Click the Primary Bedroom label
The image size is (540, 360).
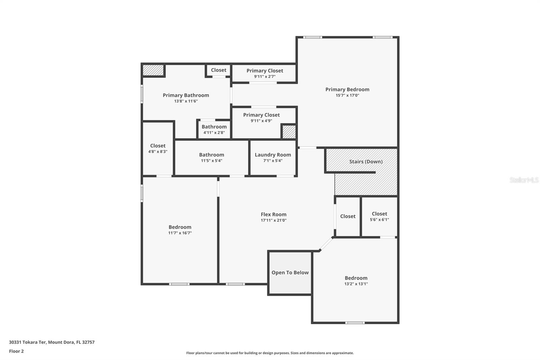(347, 89)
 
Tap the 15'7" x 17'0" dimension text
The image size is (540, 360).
(347, 96)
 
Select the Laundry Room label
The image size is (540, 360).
(273, 155)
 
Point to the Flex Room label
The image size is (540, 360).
(273, 214)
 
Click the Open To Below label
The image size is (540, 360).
(290, 273)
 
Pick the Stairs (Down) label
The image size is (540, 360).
(366, 161)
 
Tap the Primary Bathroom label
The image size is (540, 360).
(186, 95)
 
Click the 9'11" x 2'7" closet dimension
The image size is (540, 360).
(265, 77)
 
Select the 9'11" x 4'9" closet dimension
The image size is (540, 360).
(261, 121)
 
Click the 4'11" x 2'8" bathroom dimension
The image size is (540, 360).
(214, 133)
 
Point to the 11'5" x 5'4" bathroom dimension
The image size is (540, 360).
(211, 161)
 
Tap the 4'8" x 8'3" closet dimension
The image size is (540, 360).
(158, 152)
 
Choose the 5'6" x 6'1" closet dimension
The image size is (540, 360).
(379, 220)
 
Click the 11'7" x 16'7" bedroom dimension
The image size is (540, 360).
(180, 233)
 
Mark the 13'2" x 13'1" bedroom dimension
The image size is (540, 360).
(356, 284)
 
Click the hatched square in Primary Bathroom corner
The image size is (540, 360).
(153, 70)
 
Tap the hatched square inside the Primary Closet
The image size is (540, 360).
(289, 131)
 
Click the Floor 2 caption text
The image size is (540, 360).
(16, 351)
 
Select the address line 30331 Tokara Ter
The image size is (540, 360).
(52, 342)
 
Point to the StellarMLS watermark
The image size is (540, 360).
(524, 180)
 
